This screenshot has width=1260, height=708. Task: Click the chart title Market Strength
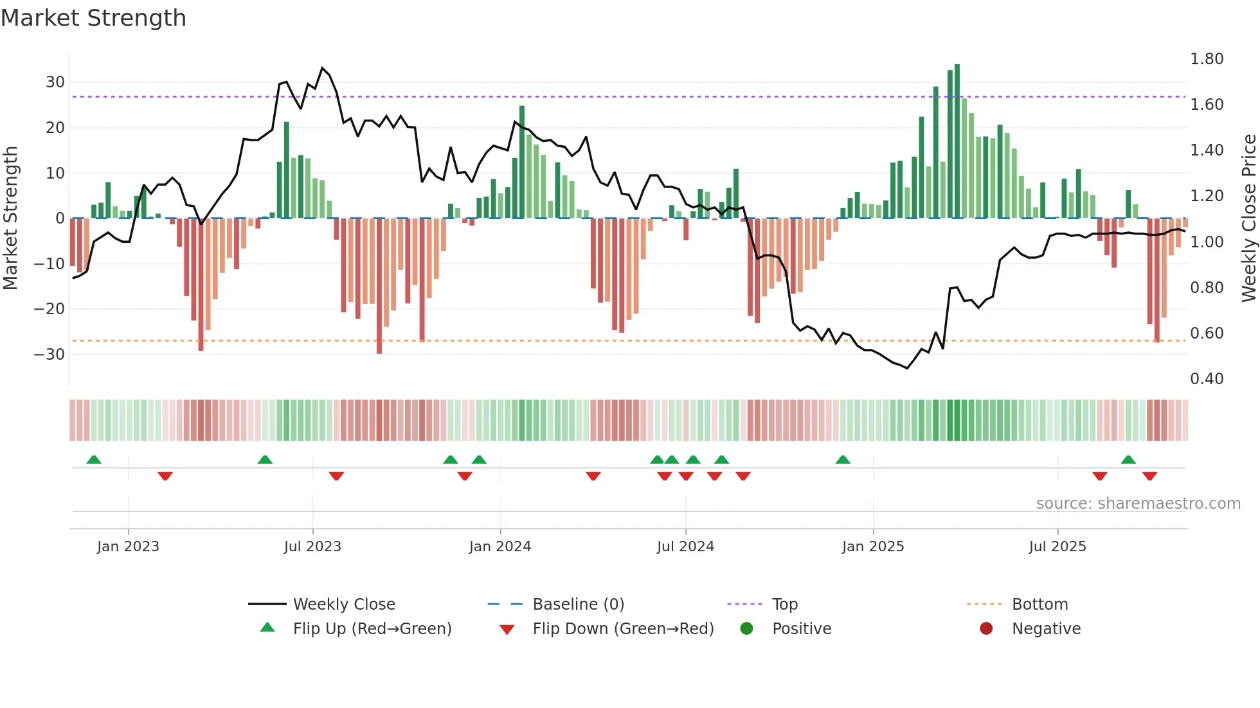tap(93, 18)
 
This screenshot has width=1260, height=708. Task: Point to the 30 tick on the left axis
tap(55, 82)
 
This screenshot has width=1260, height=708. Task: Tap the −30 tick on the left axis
tap(50, 354)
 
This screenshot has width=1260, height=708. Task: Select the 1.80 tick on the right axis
tap(1207, 59)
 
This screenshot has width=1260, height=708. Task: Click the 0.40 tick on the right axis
tap(1207, 379)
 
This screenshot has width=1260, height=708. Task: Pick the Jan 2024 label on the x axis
tap(500, 547)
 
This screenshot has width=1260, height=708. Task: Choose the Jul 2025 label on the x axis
tap(1057, 547)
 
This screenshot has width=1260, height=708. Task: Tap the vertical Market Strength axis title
tap(11, 218)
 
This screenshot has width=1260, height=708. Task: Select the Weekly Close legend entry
tap(344, 605)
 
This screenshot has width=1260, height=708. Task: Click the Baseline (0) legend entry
tap(579, 605)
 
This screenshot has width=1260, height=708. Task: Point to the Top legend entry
tap(785, 605)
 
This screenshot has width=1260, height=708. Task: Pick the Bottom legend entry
tap(1039, 605)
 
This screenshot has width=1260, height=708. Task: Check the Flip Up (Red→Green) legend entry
tap(372, 629)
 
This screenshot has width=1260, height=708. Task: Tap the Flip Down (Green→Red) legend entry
tap(623, 629)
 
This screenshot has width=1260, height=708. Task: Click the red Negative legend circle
tap(986, 629)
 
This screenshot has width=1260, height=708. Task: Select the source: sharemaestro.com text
tap(1138, 504)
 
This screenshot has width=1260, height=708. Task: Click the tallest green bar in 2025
tap(957, 141)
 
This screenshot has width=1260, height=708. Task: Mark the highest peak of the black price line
tap(322, 67)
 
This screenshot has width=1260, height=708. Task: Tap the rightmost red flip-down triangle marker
tap(1150, 476)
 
